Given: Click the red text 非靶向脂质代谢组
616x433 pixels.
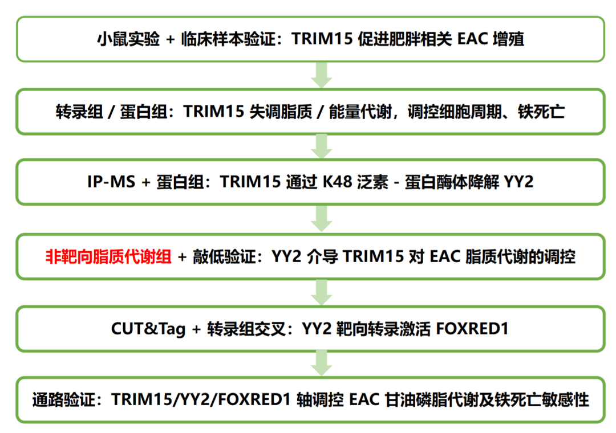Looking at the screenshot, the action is [x=108, y=257].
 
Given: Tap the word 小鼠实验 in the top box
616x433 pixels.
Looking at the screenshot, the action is [x=128, y=39].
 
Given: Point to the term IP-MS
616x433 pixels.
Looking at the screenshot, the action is [x=111, y=182].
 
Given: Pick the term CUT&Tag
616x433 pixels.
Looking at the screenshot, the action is [x=148, y=329].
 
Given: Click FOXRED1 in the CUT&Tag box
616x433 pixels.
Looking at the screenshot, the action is [x=472, y=329].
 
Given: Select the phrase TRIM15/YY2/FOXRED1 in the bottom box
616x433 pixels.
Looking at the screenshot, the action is [x=201, y=399].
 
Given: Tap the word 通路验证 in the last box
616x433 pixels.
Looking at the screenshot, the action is [x=64, y=399].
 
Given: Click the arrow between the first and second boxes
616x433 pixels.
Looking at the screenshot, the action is [x=321, y=75].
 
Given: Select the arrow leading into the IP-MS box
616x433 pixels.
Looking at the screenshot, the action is [x=321, y=146].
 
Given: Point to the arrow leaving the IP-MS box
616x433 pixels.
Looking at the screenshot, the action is [x=321, y=218].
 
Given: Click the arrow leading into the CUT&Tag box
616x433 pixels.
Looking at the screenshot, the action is [x=321, y=292].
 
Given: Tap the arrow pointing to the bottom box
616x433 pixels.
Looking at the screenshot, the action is [x=321, y=363].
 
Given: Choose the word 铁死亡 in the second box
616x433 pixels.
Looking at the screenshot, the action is [x=541, y=112].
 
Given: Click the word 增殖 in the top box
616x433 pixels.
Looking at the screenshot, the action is [x=508, y=39].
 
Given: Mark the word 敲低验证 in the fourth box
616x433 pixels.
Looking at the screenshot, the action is [x=224, y=257].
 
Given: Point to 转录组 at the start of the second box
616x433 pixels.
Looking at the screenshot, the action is [x=79, y=112].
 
